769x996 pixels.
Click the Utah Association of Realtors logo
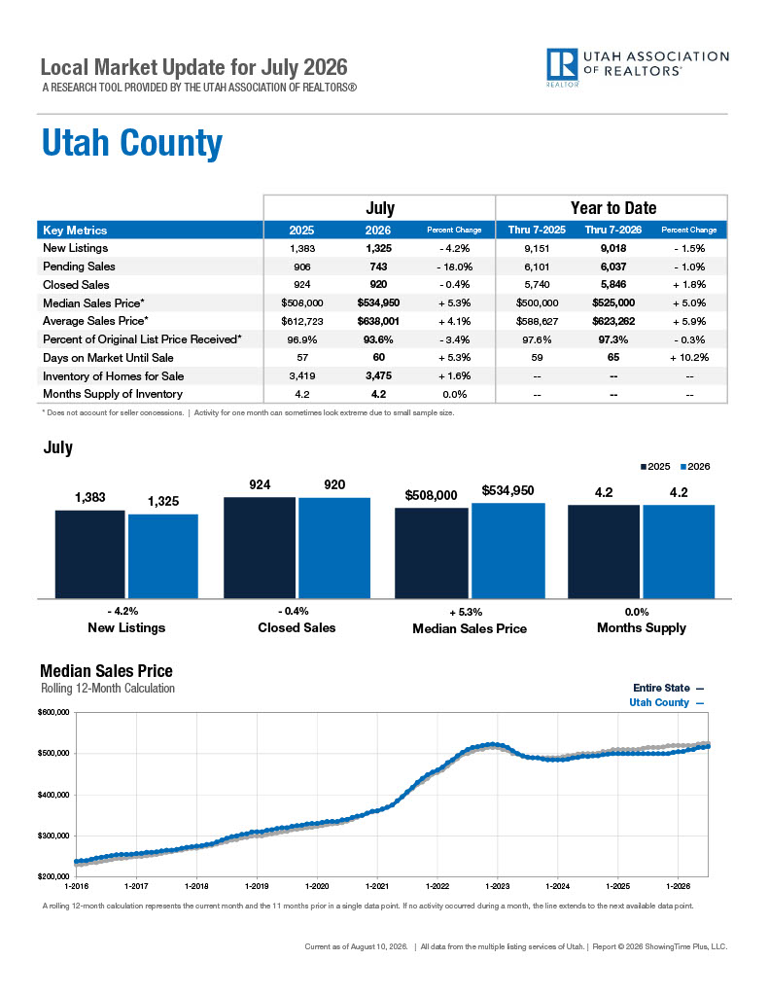(x=638, y=67)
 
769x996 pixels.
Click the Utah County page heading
(x=132, y=143)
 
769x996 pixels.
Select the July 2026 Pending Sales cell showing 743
(x=378, y=267)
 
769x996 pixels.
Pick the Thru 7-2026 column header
(x=613, y=230)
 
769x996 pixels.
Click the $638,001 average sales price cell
(x=378, y=321)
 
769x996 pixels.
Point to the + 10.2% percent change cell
(x=689, y=358)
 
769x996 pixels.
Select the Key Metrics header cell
(x=75, y=231)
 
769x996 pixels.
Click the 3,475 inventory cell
(x=378, y=376)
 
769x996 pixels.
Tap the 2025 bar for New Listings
(x=90, y=553)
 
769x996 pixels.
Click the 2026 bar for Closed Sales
(x=334, y=549)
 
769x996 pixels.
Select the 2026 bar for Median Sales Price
(x=508, y=551)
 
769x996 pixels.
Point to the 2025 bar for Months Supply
(x=604, y=551)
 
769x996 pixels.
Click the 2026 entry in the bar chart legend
(x=695, y=467)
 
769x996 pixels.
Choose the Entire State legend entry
(x=668, y=688)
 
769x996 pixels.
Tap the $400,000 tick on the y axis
(x=53, y=795)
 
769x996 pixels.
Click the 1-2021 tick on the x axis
(x=377, y=886)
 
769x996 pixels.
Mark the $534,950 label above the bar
(x=508, y=490)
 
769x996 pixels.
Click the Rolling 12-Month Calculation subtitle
(x=108, y=688)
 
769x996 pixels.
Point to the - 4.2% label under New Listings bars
(x=122, y=611)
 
